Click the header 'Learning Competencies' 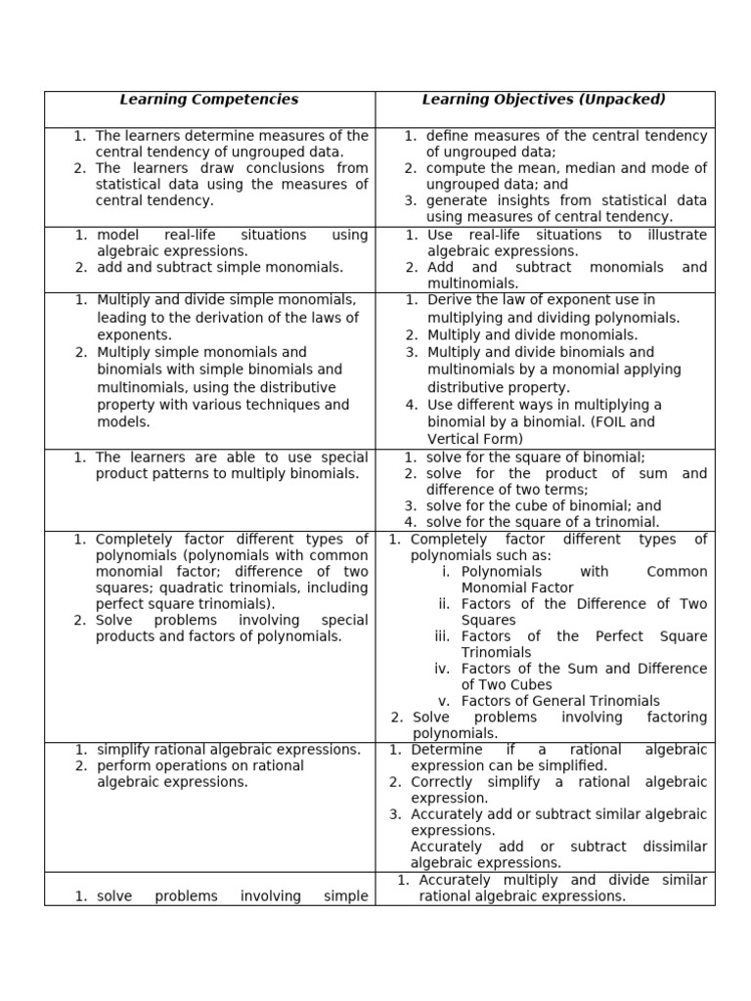pyautogui.click(x=208, y=100)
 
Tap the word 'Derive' pyautogui.click(x=449, y=300)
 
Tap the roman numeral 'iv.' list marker pyautogui.click(x=445, y=669)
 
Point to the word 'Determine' pyautogui.click(x=447, y=750)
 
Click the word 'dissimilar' pyautogui.click(x=675, y=847)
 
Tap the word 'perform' pyautogui.click(x=122, y=766)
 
